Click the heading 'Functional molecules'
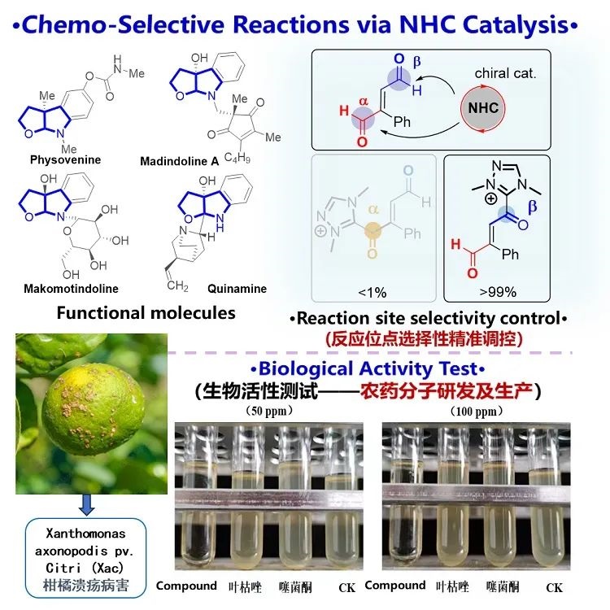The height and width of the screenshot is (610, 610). tap(146, 312)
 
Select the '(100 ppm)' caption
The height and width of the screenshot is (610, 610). tap(469, 412)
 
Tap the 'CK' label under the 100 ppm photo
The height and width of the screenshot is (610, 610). tap(555, 586)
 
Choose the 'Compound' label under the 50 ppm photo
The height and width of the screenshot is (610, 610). tap(186, 586)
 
